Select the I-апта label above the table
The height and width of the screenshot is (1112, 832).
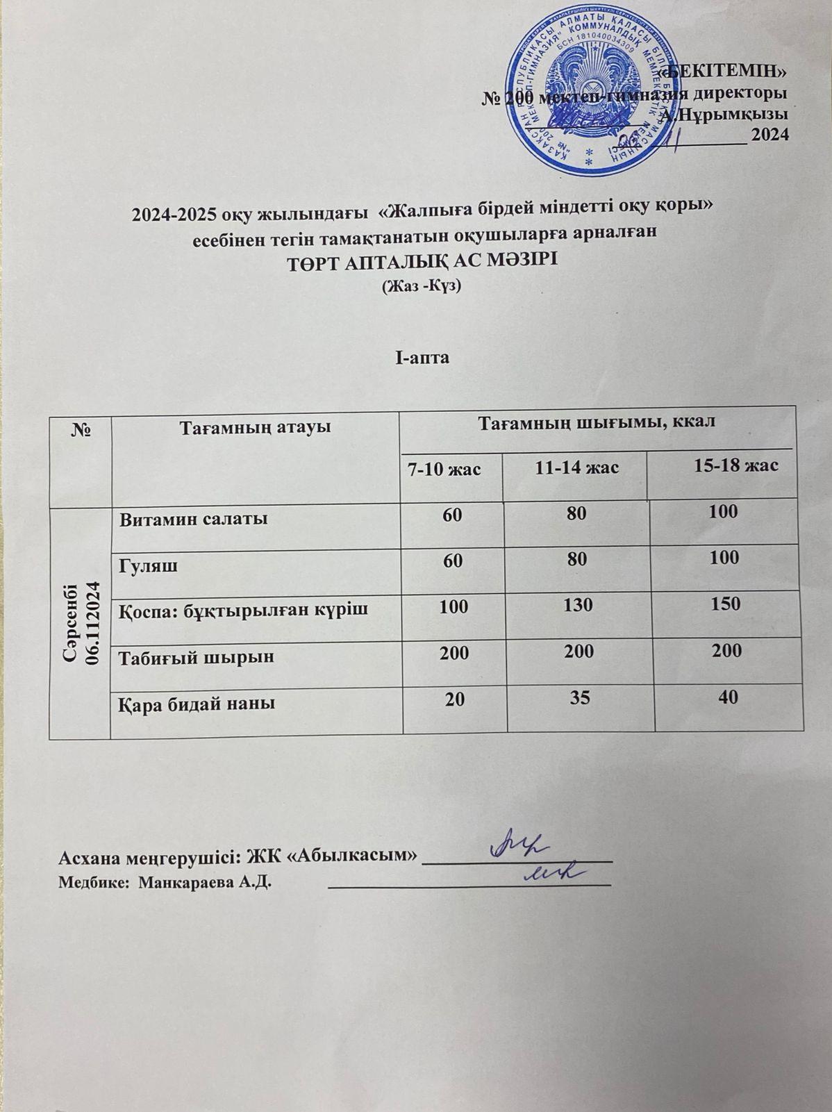tap(422, 358)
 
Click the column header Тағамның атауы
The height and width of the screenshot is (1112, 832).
tap(255, 427)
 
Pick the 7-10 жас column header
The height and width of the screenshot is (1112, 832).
tap(444, 469)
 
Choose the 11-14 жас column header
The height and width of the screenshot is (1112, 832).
tap(577, 467)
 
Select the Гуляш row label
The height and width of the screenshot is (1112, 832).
tap(147, 565)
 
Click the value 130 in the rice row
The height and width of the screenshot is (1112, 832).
tap(578, 605)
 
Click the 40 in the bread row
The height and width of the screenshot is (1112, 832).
tap(729, 697)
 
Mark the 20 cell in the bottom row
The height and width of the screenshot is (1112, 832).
tap(456, 701)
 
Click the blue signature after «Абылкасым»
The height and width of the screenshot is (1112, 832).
tap(517, 845)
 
